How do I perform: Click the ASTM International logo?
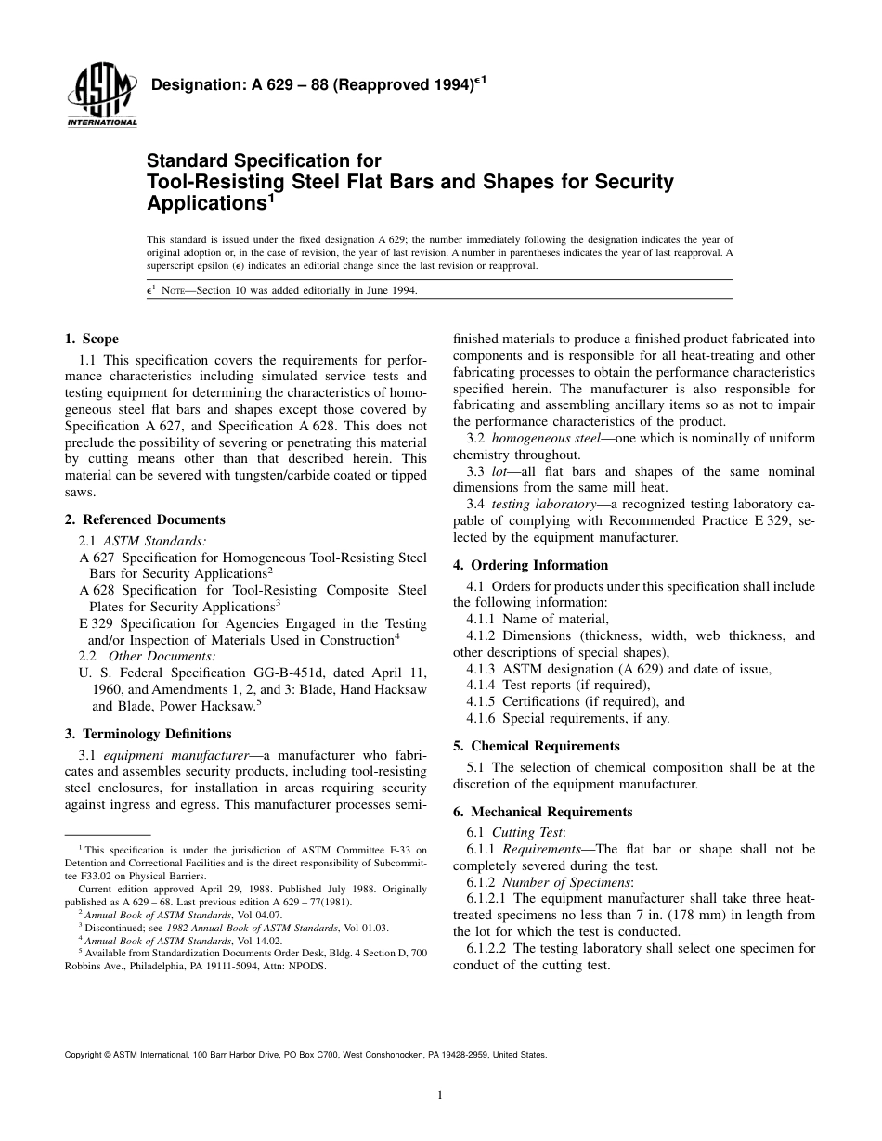[x=101, y=96]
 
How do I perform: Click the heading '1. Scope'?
[x=91, y=340]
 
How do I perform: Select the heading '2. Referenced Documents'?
[x=144, y=519]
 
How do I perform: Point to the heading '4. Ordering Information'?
[x=530, y=565]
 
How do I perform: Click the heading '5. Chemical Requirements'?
[x=536, y=746]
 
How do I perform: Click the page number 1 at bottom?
[x=440, y=1096]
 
